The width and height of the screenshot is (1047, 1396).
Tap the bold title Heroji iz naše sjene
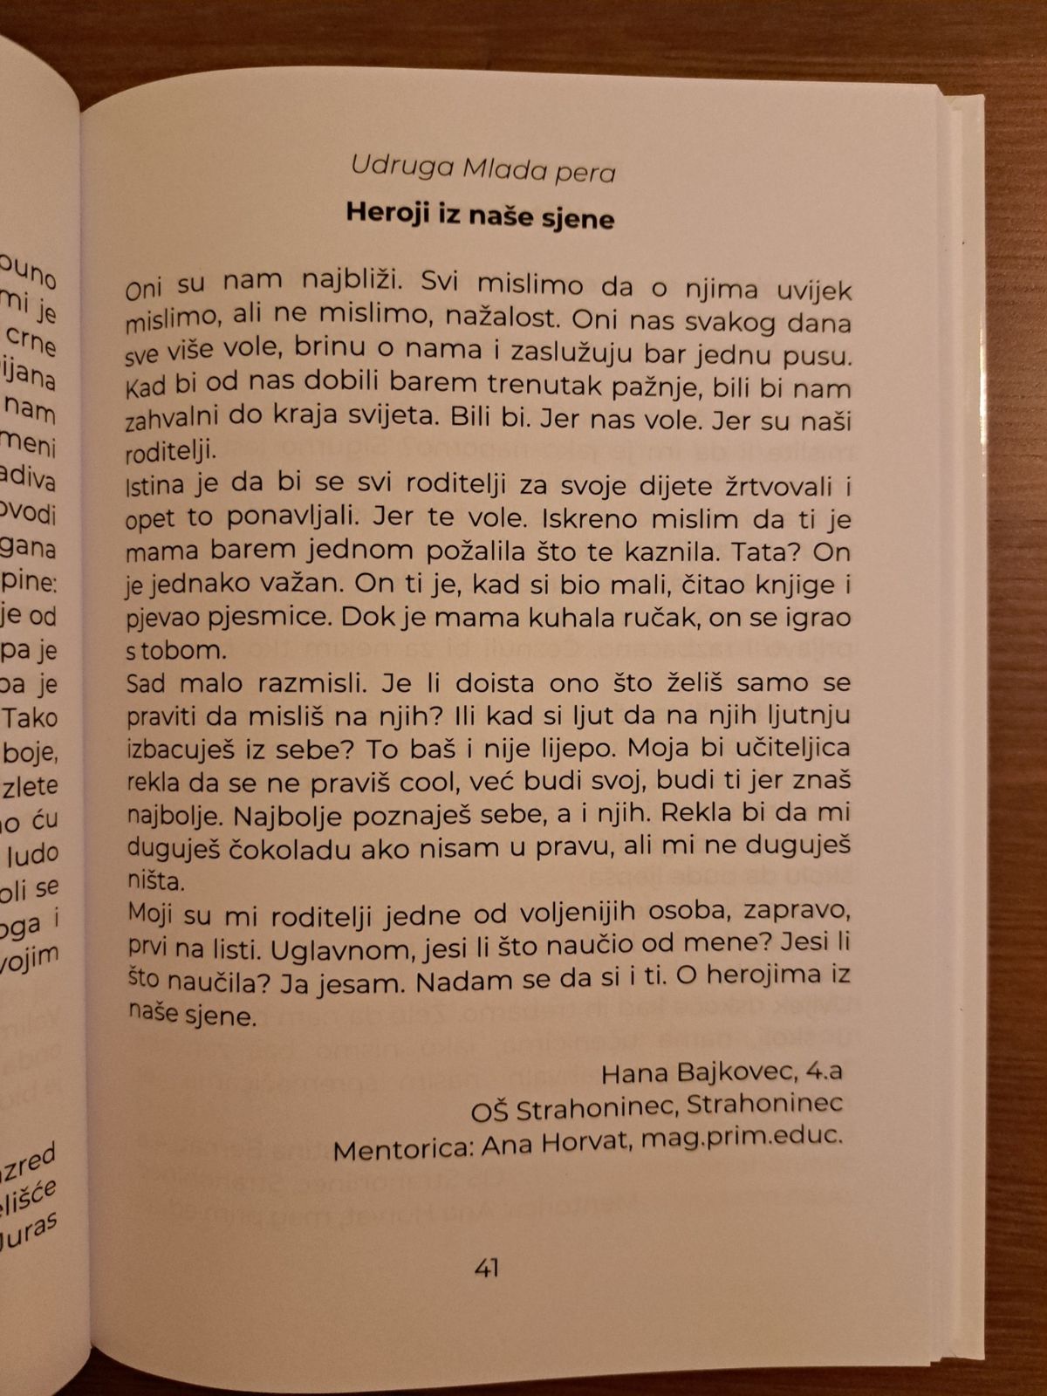[x=480, y=216]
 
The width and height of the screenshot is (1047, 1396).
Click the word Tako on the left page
[x=31, y=717]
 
